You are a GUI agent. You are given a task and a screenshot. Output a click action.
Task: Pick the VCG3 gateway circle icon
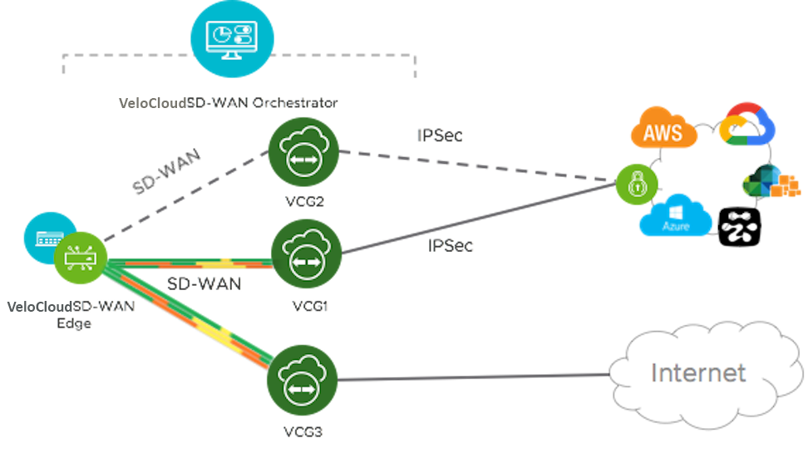tap(300, 381)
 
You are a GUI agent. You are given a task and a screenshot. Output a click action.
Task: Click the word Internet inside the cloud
tap(698, 373)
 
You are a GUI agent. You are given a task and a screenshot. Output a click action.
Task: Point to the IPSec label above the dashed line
tap(440, 135)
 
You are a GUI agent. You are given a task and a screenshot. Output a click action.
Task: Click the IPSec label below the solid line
tap(450, 246)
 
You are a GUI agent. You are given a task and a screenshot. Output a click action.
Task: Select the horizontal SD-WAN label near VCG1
tap(204, 283)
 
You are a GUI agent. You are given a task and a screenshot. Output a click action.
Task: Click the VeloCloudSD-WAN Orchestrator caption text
tap(228, 103)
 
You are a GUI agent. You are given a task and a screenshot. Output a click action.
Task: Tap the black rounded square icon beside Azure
tap(738, 224)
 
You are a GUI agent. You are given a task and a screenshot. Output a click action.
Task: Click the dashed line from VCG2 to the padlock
tap(474, 165)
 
